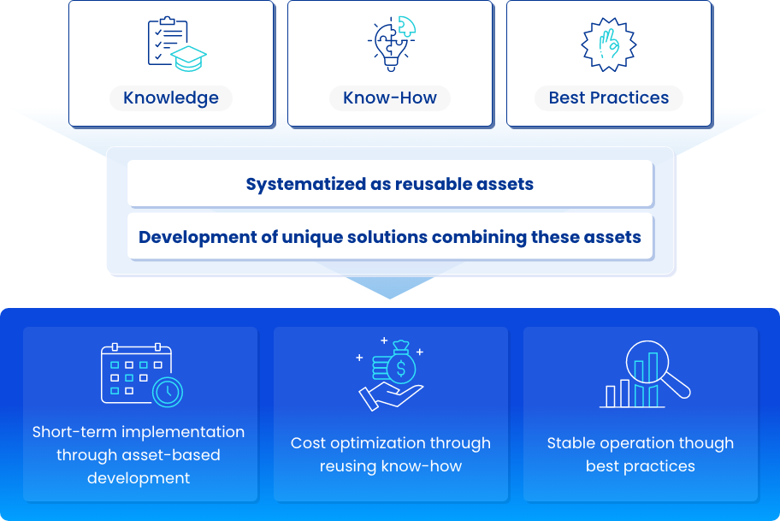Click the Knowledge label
171,98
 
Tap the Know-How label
390,98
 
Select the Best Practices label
609,98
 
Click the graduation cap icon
188,59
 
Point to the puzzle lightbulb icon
392,44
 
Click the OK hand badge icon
609,44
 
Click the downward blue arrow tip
390,299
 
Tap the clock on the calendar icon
168,392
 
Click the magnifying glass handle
676,385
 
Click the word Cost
307,443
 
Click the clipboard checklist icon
166,41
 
